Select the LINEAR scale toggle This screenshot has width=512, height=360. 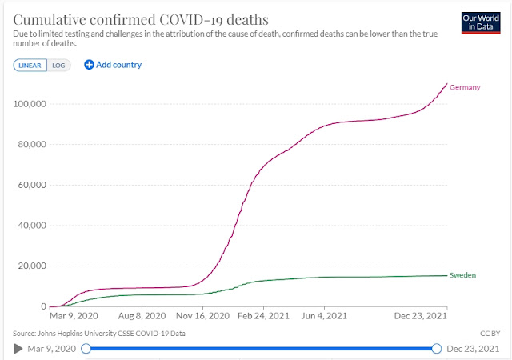coord(29,65)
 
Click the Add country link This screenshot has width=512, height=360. coord(113,65)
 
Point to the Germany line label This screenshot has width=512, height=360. coord(465,87)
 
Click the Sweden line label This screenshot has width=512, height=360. coord(463,275)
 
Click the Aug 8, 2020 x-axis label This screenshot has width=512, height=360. coord(142,315)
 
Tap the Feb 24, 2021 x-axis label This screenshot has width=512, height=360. coord(264,315)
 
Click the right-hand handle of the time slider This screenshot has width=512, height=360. coord(437,348)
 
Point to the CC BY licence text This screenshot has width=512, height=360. coord(489,332)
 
